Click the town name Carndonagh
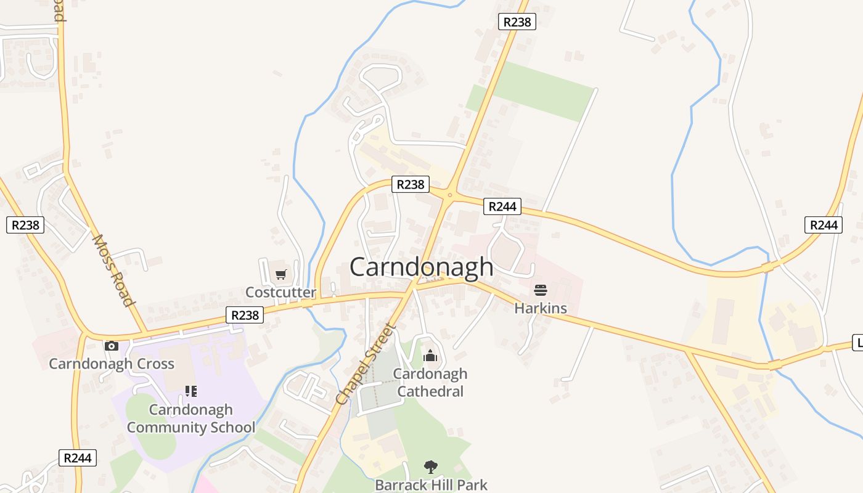point(422,267)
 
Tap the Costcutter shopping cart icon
point(281,274)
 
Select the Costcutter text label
point(280,292)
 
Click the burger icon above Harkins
point(541,290)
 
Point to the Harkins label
point(541,308)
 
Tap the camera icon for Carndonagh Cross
point(111,346)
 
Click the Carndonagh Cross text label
point(112,364)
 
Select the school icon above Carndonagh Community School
point(191,391)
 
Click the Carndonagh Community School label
point(191,418)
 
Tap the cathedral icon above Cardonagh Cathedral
point(430,356)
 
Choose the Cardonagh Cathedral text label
point(430,382)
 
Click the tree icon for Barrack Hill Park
point(431,467)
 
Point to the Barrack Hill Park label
point(431,485)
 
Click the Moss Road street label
point(113,270)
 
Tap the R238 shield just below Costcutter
point(245,315)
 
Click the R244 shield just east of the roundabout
point(502,206)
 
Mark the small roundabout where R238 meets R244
point(449,195)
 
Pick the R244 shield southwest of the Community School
point(78,458)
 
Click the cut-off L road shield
point(857,343)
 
